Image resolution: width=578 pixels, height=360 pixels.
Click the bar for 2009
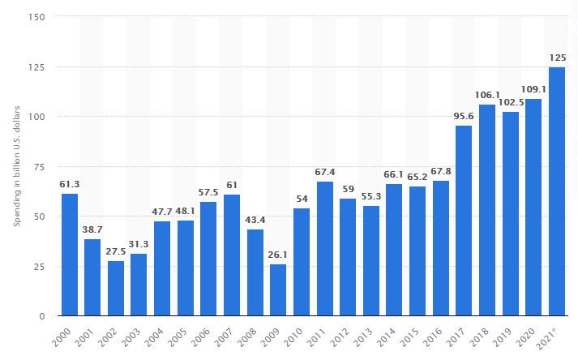click(x=278, y=289)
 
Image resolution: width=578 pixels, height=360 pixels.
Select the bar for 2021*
click(x=557, y=191)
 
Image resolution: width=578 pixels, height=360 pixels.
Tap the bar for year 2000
click(x=70, y=255)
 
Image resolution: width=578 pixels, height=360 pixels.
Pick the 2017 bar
click(x=464, y=221)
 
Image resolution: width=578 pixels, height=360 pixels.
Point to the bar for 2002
click(x=116, y=288)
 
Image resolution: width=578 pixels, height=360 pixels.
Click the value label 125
click(x=557, y=58)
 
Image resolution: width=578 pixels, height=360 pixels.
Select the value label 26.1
click(x=278, y=255)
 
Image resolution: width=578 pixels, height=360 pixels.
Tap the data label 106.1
click(x=487, y=95)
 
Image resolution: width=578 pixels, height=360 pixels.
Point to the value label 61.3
click(x=70, y=184)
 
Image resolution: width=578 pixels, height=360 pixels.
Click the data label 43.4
click(x=255, y=220)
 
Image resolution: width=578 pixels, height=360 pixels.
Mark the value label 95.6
click(x=464, y=116)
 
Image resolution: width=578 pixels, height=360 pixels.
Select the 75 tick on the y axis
click(x=39, y=166)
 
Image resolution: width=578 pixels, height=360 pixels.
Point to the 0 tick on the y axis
click(x=42, y=315)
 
